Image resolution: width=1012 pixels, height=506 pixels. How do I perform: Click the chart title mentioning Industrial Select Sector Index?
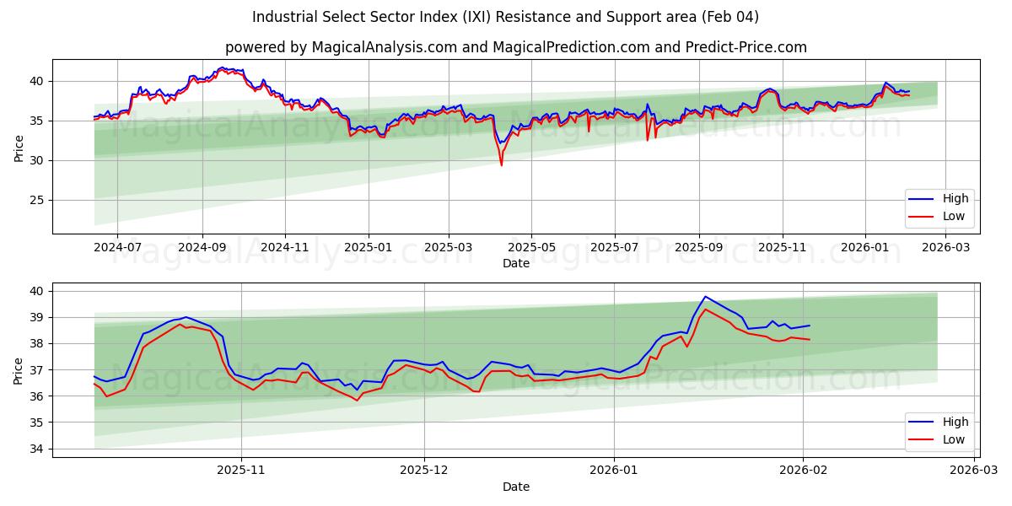pos(505,17)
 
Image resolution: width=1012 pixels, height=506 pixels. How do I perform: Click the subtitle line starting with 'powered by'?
pos(515,47)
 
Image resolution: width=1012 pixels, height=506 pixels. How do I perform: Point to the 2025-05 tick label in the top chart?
pos(531,247)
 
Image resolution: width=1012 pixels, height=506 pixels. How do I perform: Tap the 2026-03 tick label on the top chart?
pos(946,247)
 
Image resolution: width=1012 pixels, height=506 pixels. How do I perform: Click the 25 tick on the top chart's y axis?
pos(37,200)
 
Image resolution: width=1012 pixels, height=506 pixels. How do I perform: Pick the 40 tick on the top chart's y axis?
pos(37,81)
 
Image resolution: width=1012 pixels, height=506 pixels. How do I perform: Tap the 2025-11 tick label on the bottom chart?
pos(241,471)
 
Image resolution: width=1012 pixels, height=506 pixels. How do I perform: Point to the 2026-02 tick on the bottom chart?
pos(804,471)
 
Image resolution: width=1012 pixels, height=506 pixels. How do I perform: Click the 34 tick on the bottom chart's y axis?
pos(37,449)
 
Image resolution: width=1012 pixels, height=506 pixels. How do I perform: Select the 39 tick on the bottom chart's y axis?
pos(37,317)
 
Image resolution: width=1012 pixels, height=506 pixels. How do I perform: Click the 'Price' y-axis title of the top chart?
pos(19,147)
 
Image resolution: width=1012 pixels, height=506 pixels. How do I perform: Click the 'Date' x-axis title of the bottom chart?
pos(515,487)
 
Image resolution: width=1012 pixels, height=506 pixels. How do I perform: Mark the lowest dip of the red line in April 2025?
pos(501,164)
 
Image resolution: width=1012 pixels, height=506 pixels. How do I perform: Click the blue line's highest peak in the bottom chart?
pos(705,297)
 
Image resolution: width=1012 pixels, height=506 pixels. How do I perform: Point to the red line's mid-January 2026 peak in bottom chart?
pos(706,310)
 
